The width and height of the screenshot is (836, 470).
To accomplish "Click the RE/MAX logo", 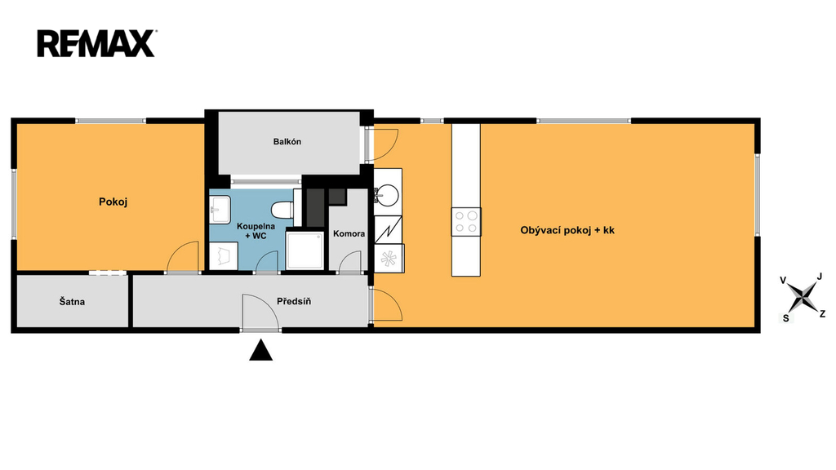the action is point(96,44).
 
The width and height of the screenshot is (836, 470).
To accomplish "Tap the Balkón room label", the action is point(287,142).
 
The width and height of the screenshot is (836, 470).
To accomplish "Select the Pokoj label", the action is point(113,202).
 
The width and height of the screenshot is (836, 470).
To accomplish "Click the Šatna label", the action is point(72,302).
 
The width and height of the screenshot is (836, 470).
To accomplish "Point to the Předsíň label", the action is point(294,301).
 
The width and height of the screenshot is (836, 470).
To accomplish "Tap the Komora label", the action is point(349,233).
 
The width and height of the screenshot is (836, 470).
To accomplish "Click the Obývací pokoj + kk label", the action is point(567,230).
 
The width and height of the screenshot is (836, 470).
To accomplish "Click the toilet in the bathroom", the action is point(282,210).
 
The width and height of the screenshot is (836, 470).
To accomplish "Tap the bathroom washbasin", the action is point(220,210).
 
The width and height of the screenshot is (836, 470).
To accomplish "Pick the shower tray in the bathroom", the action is point(305,250).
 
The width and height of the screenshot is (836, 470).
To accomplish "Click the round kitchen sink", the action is point(386,194).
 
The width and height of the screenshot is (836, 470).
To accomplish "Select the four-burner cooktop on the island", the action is point(466,222).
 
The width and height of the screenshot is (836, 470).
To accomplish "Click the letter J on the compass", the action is point(820,276).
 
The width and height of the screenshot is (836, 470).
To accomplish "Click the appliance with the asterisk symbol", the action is point(389,259).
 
